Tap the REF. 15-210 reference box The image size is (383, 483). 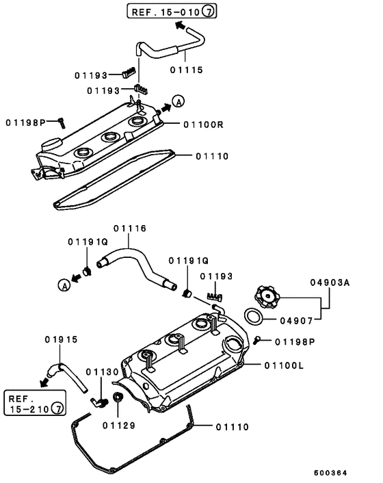[34, 404]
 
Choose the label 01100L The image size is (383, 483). [283, 365]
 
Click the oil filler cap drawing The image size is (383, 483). [266, 297]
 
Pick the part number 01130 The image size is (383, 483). [102, 371]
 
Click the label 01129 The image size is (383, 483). [120, 425]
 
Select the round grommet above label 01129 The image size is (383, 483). [118, 398]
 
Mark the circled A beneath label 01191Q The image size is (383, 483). [64, 286]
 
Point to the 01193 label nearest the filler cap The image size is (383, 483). [217, 276]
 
